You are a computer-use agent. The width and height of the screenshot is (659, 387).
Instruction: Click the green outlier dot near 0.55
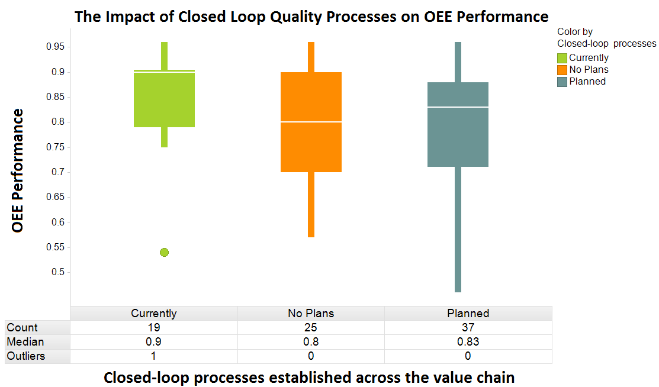164,253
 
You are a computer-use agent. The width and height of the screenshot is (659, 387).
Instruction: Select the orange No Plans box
311,122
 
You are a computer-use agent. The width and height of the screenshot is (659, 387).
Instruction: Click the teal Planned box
458,124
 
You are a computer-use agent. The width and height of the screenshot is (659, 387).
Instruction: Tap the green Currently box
164,99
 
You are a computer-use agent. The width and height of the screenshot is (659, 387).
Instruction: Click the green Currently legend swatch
562,58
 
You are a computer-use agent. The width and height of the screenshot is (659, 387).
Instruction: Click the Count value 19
154,327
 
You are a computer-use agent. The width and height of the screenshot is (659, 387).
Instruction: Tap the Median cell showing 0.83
468,342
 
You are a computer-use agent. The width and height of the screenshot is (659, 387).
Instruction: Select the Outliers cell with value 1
154,356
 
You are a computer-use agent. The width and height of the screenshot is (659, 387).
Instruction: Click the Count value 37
468,327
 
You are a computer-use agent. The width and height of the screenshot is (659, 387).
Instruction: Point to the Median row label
25,342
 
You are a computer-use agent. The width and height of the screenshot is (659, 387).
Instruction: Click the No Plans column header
311,314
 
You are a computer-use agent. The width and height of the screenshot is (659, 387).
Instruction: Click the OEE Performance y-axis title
18,170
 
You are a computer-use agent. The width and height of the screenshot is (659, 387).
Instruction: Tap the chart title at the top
311,16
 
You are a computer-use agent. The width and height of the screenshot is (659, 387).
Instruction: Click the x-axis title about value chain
309,378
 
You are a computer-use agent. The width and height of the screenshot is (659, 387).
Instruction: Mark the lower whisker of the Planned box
458,231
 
